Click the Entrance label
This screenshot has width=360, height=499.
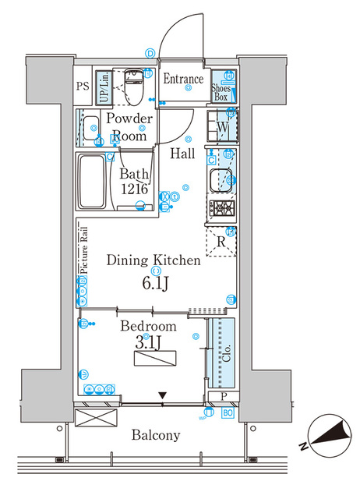click(x=183, y=79)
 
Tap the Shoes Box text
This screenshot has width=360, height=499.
click(x=221, y=92)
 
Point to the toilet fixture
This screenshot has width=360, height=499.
click(x=133, y=87)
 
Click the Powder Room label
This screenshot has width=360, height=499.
click(x=129, y=126)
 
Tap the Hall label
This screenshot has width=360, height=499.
click(x=183, y=154)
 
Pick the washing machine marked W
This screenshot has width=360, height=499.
click(x=221, y=126)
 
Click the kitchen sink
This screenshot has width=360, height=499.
click(x=220, y=179)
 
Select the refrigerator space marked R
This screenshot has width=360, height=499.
click(x=221, y=242)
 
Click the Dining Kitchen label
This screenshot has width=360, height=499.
click(x=154, y=260)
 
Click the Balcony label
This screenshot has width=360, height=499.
click(x=155, y=435)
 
